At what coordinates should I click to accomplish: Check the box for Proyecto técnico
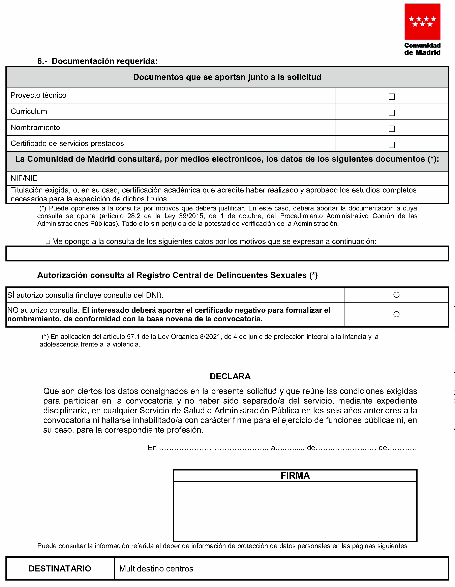click(x=392, y=97)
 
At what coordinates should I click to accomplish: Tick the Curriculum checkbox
click(x=392, y=113)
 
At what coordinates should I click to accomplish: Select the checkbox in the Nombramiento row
click(x=392, y=129)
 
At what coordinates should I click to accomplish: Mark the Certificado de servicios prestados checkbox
click(x=392, y=145)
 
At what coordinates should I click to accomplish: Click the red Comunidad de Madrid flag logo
click(x=422, y=22)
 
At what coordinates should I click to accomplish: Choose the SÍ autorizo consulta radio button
click(x=396, y=295)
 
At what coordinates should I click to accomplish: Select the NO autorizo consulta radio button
click(x=396, y=314)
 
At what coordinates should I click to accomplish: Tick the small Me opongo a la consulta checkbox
click(x=48, y=242)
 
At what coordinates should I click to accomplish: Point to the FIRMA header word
click(x=295, y=476)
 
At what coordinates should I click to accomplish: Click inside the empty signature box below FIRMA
click(x=295, y=511)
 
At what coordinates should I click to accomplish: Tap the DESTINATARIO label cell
click(x=60, y=568)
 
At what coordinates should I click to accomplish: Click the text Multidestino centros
click(x=156, y=569)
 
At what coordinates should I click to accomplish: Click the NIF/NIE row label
click(x=24, y=178)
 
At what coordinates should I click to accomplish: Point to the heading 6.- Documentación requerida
click(x=97, y=61)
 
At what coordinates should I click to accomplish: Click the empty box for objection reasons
click(x=227, y=253)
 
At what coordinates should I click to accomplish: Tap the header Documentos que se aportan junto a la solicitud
click(x=227, y=77)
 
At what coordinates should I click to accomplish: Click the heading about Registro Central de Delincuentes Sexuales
click(x=177, y=275)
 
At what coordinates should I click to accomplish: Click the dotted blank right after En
click(x=213, y=448)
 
